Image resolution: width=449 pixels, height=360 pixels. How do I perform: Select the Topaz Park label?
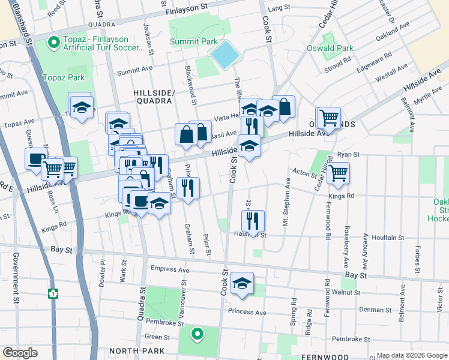[x=64, y=77]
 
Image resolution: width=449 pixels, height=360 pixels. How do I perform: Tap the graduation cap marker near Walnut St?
[x=242, y=283]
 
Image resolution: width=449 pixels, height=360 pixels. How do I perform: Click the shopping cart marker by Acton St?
[x=339, y=173]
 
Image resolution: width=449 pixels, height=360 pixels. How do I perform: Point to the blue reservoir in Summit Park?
[x=225, y=55]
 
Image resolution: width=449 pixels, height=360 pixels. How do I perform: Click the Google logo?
[x=20, y=353]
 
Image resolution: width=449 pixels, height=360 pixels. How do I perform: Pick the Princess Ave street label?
[x=247, y=312]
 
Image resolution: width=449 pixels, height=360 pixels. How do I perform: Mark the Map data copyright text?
[x=411, y=355]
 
